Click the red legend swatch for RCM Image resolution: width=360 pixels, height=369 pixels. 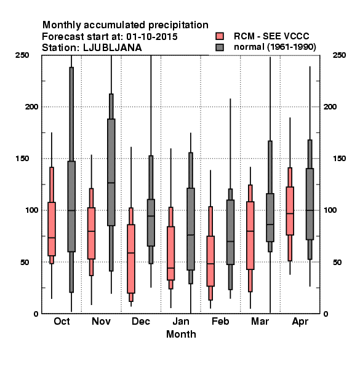coord(220,36)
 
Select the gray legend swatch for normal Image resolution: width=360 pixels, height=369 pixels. coord(220,47)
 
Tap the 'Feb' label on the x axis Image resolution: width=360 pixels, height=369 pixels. coord(220,321)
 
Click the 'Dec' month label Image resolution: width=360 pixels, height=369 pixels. coord(141,321)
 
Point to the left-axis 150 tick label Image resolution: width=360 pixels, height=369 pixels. coord(22,159)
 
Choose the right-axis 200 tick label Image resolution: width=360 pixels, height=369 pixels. coord(330,106)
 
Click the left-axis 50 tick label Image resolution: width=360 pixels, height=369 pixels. coord(25,262)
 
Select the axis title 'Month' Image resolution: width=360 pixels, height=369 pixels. coord(181,334)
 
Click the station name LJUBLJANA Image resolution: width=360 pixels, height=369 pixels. coord(113,48)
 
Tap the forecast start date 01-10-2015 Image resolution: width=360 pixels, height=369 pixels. coord(152,36)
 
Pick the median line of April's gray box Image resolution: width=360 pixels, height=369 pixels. coord(310,210)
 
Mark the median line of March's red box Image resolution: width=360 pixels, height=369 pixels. coord(250,231)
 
